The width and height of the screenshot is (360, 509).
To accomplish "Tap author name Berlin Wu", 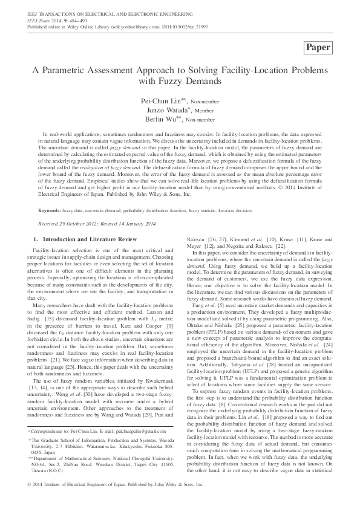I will tap(165, 120).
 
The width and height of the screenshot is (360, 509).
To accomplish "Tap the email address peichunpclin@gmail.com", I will tap(126, 431).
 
